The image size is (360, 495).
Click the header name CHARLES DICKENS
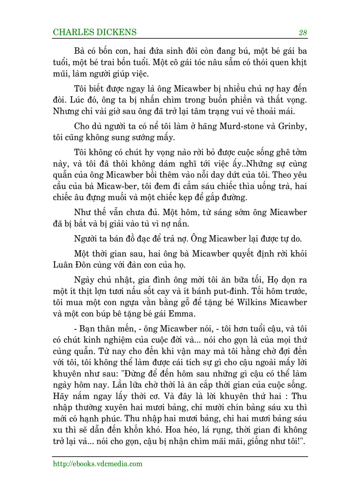[94, 33]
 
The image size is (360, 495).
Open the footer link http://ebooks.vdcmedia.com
[97, 464]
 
